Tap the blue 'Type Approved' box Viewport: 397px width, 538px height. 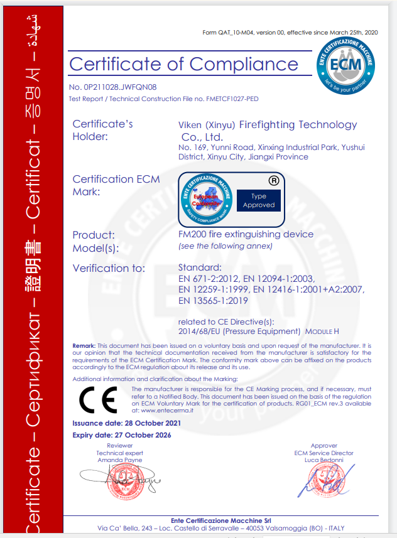point(259,201)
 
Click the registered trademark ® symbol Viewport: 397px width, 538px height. point(273,180)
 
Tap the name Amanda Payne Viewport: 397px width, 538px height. point(119,460)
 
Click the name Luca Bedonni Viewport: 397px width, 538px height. point(324,460)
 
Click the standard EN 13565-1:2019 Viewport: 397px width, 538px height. point(214,301)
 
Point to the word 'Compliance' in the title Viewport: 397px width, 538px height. point(243,64)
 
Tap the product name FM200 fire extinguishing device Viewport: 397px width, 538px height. point(246,234)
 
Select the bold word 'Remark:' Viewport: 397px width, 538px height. point(84,346)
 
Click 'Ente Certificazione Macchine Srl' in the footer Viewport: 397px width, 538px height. point(224,520)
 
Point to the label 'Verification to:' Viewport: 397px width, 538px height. point(109,268)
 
